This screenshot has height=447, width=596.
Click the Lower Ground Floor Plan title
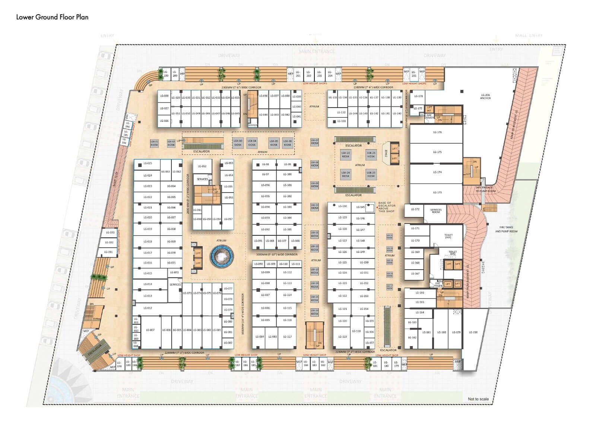(x=52, y=17)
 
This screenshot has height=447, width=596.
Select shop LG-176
(x=437, y=132)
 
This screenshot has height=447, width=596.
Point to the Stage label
(x=386, y=153)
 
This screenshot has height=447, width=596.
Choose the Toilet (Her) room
(x=448, y=236)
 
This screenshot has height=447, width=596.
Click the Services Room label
(x=436, y=211)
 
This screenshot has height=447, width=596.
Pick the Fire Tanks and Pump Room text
(x=506, y=229)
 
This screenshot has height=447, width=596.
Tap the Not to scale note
(x=478, y=399)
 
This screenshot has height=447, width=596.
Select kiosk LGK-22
(x=346, y=155)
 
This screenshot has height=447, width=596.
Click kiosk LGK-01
(x=154, y=143)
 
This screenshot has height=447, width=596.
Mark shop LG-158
(x=473, y=332)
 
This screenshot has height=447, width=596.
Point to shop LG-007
(x=150, y=330)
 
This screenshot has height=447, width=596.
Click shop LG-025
(x=148, y=164)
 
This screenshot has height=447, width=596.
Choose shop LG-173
(x=437, y=193)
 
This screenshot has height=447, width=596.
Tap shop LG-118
(x=356, y=331)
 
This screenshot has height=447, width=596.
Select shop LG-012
(x=148, y=308)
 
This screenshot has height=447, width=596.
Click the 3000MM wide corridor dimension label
(x=277, y=254)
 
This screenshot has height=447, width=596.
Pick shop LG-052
(x=202, y=167)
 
